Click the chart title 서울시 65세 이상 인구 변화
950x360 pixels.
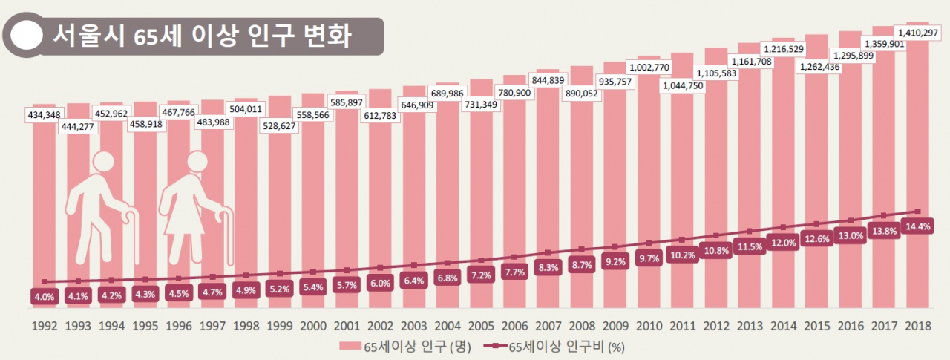198,35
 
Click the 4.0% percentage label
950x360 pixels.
44,296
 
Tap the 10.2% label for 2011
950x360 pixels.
682,255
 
